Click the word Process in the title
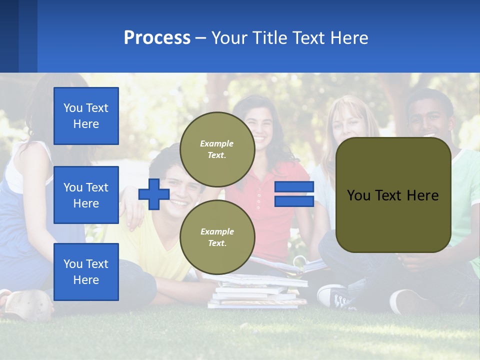157,38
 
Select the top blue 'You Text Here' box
86,116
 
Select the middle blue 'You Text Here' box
86,195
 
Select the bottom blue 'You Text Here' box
86,272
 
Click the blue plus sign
154,194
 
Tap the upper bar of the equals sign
294,187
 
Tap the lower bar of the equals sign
294,201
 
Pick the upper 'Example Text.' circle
217,149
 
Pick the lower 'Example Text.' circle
217,237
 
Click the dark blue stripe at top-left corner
9,36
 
